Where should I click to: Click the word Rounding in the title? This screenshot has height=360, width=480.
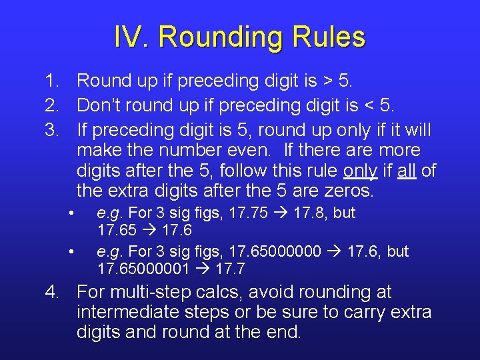[x=220, y=37]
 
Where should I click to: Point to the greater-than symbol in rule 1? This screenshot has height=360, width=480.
[x=328, y=81]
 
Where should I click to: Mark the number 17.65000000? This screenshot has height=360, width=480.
[x=276, y=252]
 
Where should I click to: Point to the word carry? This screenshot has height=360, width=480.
[x=365, y=312]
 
